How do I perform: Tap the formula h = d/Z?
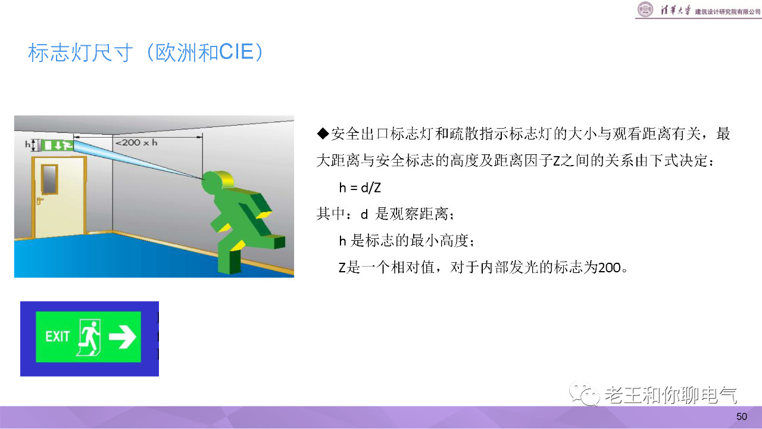click(360, 188)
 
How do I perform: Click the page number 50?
click(742, 416)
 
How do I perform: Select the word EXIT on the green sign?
click(57, 337)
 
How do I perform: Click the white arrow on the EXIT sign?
click(123, 337)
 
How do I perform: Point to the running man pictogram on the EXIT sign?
click(89, 337)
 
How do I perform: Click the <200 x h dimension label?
click(136, 142)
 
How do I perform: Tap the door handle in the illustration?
click(39, 201)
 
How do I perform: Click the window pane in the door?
click(49, 179)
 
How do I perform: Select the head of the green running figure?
click(218, 181)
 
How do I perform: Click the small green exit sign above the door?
click(57, 145)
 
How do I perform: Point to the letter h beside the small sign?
click(27, 144)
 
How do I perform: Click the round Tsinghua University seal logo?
click(645, 9)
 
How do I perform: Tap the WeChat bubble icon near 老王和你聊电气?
click(585, 394)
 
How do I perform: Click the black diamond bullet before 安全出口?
click(323, 133)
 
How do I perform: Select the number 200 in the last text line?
click(610, 268)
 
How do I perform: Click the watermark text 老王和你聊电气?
click(671, 395)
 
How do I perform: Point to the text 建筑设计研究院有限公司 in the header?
click(727, 11)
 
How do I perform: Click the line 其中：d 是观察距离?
click(385, 214)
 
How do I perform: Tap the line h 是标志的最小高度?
click(407, 241)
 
